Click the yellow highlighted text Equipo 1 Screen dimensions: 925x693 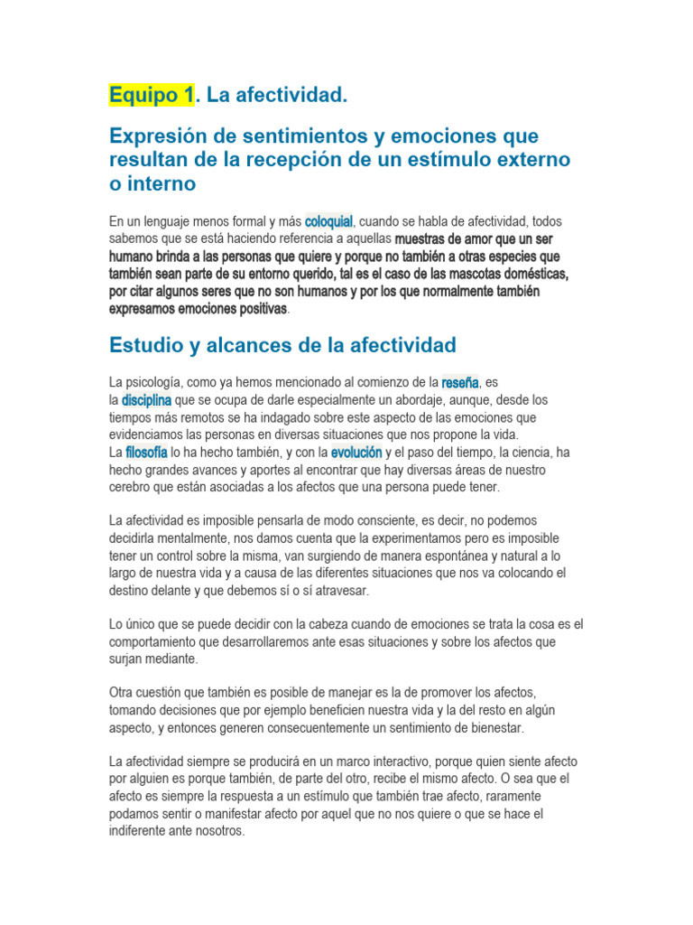151,95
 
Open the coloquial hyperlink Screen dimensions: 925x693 328,221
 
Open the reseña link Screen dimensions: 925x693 460,382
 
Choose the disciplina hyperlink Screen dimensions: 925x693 146,399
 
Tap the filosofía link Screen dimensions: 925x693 147,452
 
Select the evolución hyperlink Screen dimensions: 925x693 356,452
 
